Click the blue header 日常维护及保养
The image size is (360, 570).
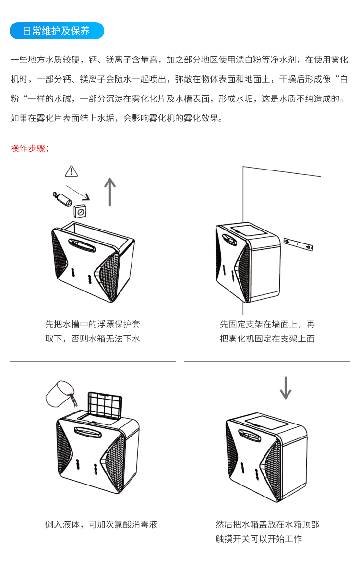57,31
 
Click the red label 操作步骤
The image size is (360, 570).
30,148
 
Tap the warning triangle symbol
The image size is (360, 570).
72,171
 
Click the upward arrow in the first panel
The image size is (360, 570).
110,192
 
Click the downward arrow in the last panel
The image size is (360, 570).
286,388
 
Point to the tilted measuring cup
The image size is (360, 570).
59,393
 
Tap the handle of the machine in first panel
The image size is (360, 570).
82,245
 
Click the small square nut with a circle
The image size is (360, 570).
80,210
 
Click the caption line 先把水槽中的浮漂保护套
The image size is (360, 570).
93,324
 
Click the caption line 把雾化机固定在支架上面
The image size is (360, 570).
267,339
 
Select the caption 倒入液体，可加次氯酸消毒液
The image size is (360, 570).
101,524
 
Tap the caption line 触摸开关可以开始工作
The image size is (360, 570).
259,539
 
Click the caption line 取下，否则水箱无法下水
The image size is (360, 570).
93,339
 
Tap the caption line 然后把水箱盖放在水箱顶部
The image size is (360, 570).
267,524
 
